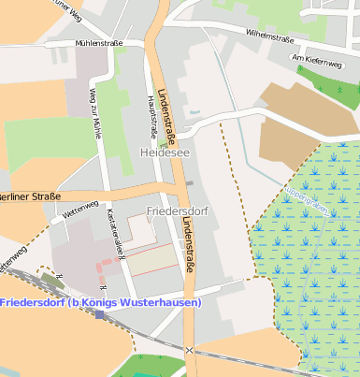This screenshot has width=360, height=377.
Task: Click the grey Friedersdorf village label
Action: pos(177,211)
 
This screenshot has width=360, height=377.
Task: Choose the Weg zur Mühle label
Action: pos(94,112)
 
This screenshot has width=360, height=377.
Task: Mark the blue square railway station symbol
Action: pos(99,315)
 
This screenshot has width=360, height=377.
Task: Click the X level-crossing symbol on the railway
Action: pos(190,350)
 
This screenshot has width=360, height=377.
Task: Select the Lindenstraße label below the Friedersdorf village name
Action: pos(190,245)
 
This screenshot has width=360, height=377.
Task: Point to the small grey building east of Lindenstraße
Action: pos(189,182)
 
